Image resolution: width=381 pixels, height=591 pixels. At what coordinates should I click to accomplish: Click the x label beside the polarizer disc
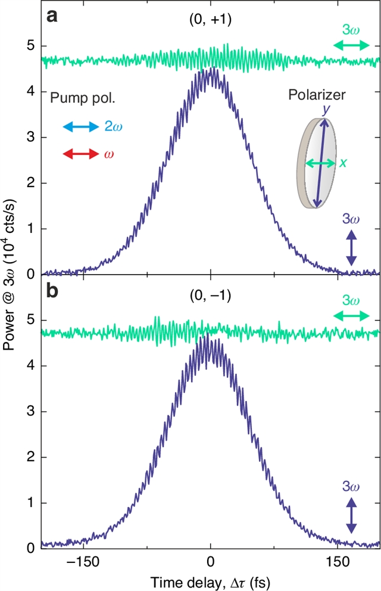tap(343, 162)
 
